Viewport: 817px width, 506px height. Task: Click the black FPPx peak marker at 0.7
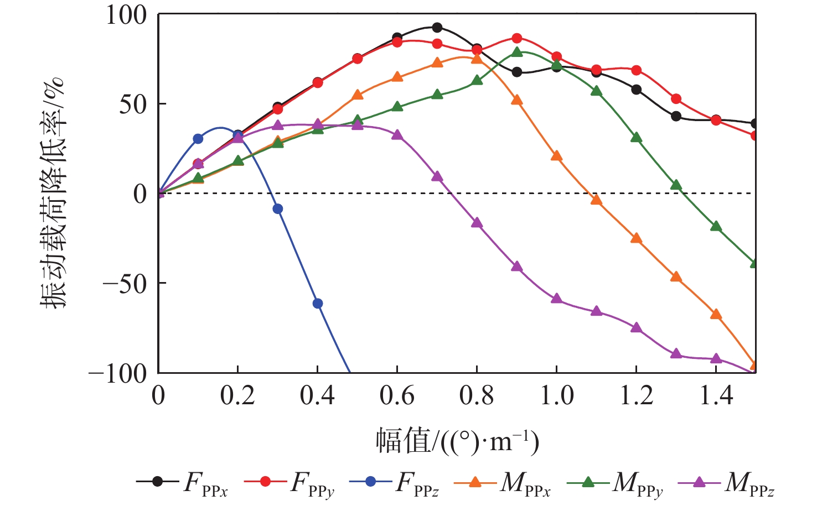(x=437, y=28)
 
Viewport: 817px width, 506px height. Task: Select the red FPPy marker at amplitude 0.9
(x=516, y=38)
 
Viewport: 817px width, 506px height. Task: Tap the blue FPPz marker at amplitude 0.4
(x=318, y=304)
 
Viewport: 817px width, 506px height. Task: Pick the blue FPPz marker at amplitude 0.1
(x=198, y=139)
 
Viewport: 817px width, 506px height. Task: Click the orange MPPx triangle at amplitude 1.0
(x=556, y=157)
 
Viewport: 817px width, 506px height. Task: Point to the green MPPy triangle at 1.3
(x=676, y=185)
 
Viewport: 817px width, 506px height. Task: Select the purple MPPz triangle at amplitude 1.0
(x=556, y=299)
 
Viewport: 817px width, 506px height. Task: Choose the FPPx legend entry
(x=183, y=482)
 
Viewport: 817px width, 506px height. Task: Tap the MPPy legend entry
(x=614, y=482)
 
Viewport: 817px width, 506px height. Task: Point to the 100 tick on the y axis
(x=127, y=15)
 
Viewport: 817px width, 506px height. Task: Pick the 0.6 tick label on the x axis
(x=397, y=395)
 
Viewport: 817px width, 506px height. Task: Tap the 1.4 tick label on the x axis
(x=716, y=395)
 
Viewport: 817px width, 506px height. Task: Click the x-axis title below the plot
(x=457, y=441)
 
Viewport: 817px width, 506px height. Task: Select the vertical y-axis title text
(x=53, y=193)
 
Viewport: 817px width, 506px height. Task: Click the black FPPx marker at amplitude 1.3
(x=676, y=116)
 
